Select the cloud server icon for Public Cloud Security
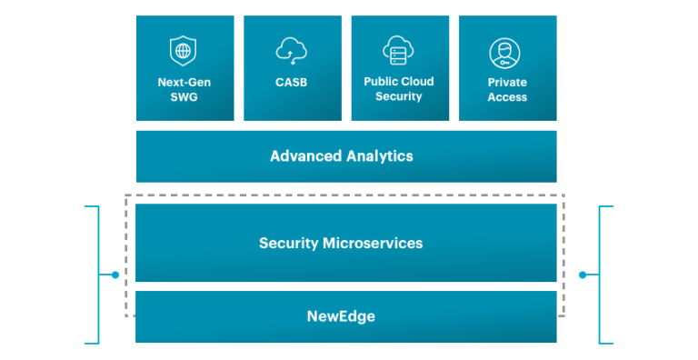pos(399,50)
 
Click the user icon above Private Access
pos(506,53)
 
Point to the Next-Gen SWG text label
pos(184,90)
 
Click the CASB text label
pos(292,83)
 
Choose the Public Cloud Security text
pos(399,89)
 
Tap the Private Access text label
pos(507,90)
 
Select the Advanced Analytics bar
pos(345,156)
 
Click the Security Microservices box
pos(345,243)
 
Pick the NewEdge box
pos(345,316)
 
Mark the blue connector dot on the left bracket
pos(115,275)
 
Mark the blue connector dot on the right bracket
pos(582,275)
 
